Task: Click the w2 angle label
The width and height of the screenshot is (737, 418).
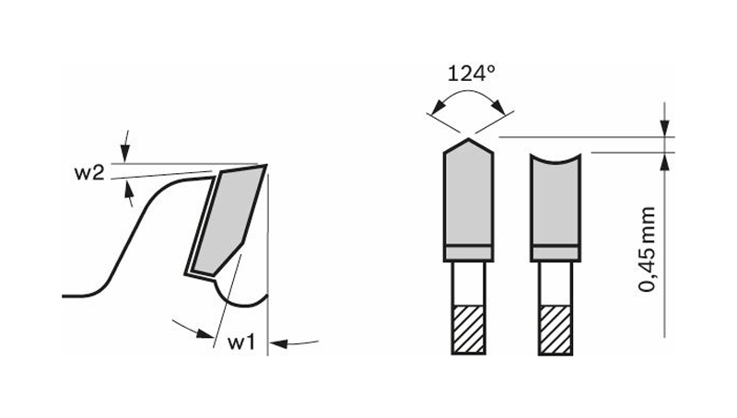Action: [x=88, y=173]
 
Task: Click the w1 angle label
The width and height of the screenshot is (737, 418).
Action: [x=241, y=343]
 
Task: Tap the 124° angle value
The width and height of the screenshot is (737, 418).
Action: [x=471, y=74]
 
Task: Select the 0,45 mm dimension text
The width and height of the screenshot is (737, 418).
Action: [x=648, y=249]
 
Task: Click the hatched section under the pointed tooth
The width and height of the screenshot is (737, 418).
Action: [x=468, y=330]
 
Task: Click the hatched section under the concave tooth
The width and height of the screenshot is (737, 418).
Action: [x=556, y=330]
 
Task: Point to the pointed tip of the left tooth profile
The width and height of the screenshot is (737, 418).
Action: [x=468, y=139]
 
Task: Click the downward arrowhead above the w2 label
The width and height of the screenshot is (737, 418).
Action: [x=124, y=153]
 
